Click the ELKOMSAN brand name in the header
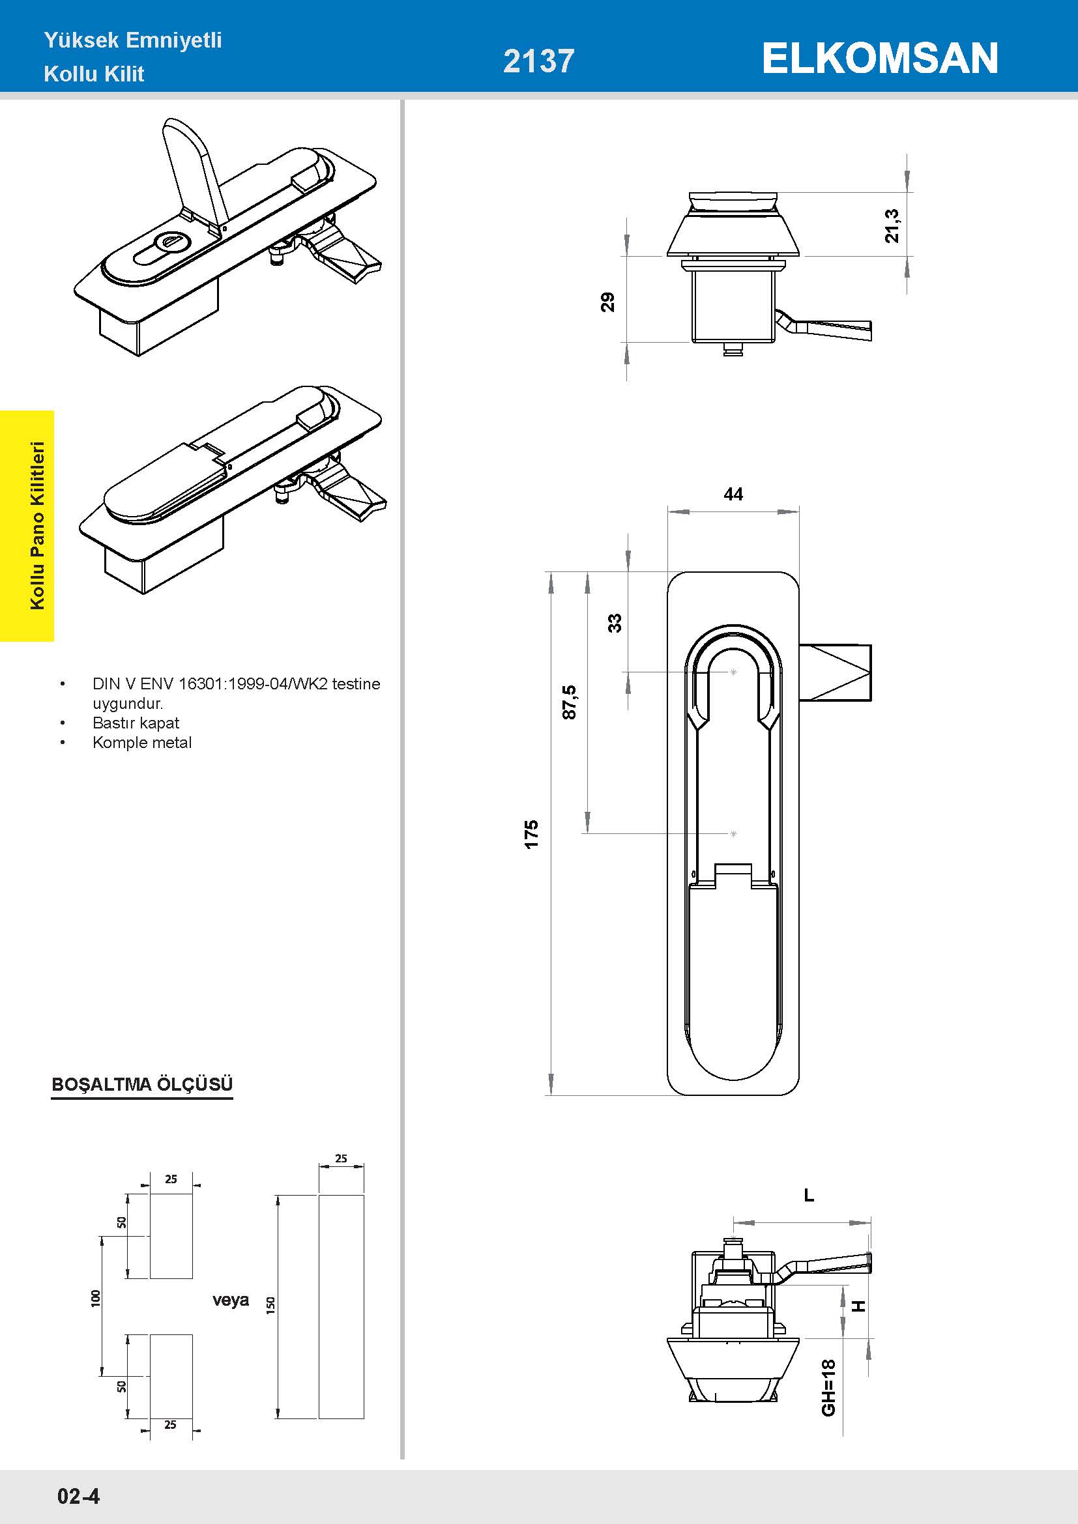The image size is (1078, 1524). pos(879,59)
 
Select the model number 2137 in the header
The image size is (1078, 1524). pos(538,61)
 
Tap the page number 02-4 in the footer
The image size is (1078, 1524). pos(78,1495)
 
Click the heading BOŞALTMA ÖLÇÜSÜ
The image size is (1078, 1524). pos(142,1084)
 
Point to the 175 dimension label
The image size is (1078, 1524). pos(531,834)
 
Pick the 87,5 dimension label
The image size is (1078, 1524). pos(569,702)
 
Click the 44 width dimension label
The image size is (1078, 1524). pos(733,494)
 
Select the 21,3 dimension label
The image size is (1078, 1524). pos(892,225)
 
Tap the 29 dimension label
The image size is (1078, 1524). pos(607,302)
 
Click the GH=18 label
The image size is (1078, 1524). pos(828,1387)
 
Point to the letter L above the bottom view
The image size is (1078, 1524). pos(808,1196)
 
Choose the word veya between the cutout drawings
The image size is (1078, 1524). pos(230,1300)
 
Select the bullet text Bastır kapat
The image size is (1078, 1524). pos(136,723)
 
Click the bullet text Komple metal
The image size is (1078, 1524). pos(142,742)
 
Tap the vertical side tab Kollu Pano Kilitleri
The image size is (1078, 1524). pos(37,525)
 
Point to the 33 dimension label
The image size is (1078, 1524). pos(615,623)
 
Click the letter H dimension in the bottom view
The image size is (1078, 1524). pos(859,1306)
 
